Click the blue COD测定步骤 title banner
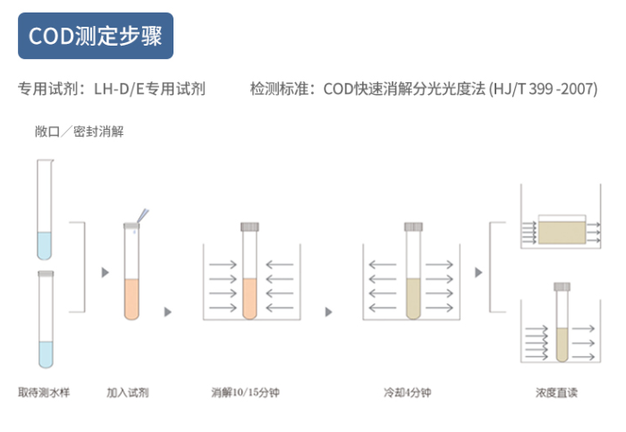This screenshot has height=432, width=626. [96, 36]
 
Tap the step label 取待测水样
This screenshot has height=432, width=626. [44, 393]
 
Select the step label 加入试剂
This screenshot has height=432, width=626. [128, 393]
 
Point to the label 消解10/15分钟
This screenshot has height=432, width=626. [245, 393]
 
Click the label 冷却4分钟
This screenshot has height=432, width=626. [407, 393]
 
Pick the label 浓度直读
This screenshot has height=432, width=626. [556, 393]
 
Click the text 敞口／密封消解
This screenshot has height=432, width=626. [79, 131]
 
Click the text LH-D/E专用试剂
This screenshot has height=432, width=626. [149, 89]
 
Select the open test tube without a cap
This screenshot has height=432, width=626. [45, 209]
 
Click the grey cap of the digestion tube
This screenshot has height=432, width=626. [250, 227]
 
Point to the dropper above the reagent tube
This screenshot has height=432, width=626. [142, 216]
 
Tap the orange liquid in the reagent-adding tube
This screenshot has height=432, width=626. [131, 299]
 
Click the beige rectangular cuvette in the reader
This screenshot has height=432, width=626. [562, 233]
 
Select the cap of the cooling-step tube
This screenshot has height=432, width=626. [413, 227]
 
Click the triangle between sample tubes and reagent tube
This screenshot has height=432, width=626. [105, 272]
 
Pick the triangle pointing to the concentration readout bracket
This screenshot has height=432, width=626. [478, 272]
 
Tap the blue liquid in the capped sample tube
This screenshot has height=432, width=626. [46, 354]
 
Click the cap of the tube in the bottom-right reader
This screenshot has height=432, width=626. [562, 287]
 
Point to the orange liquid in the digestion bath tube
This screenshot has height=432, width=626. [250, 299]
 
